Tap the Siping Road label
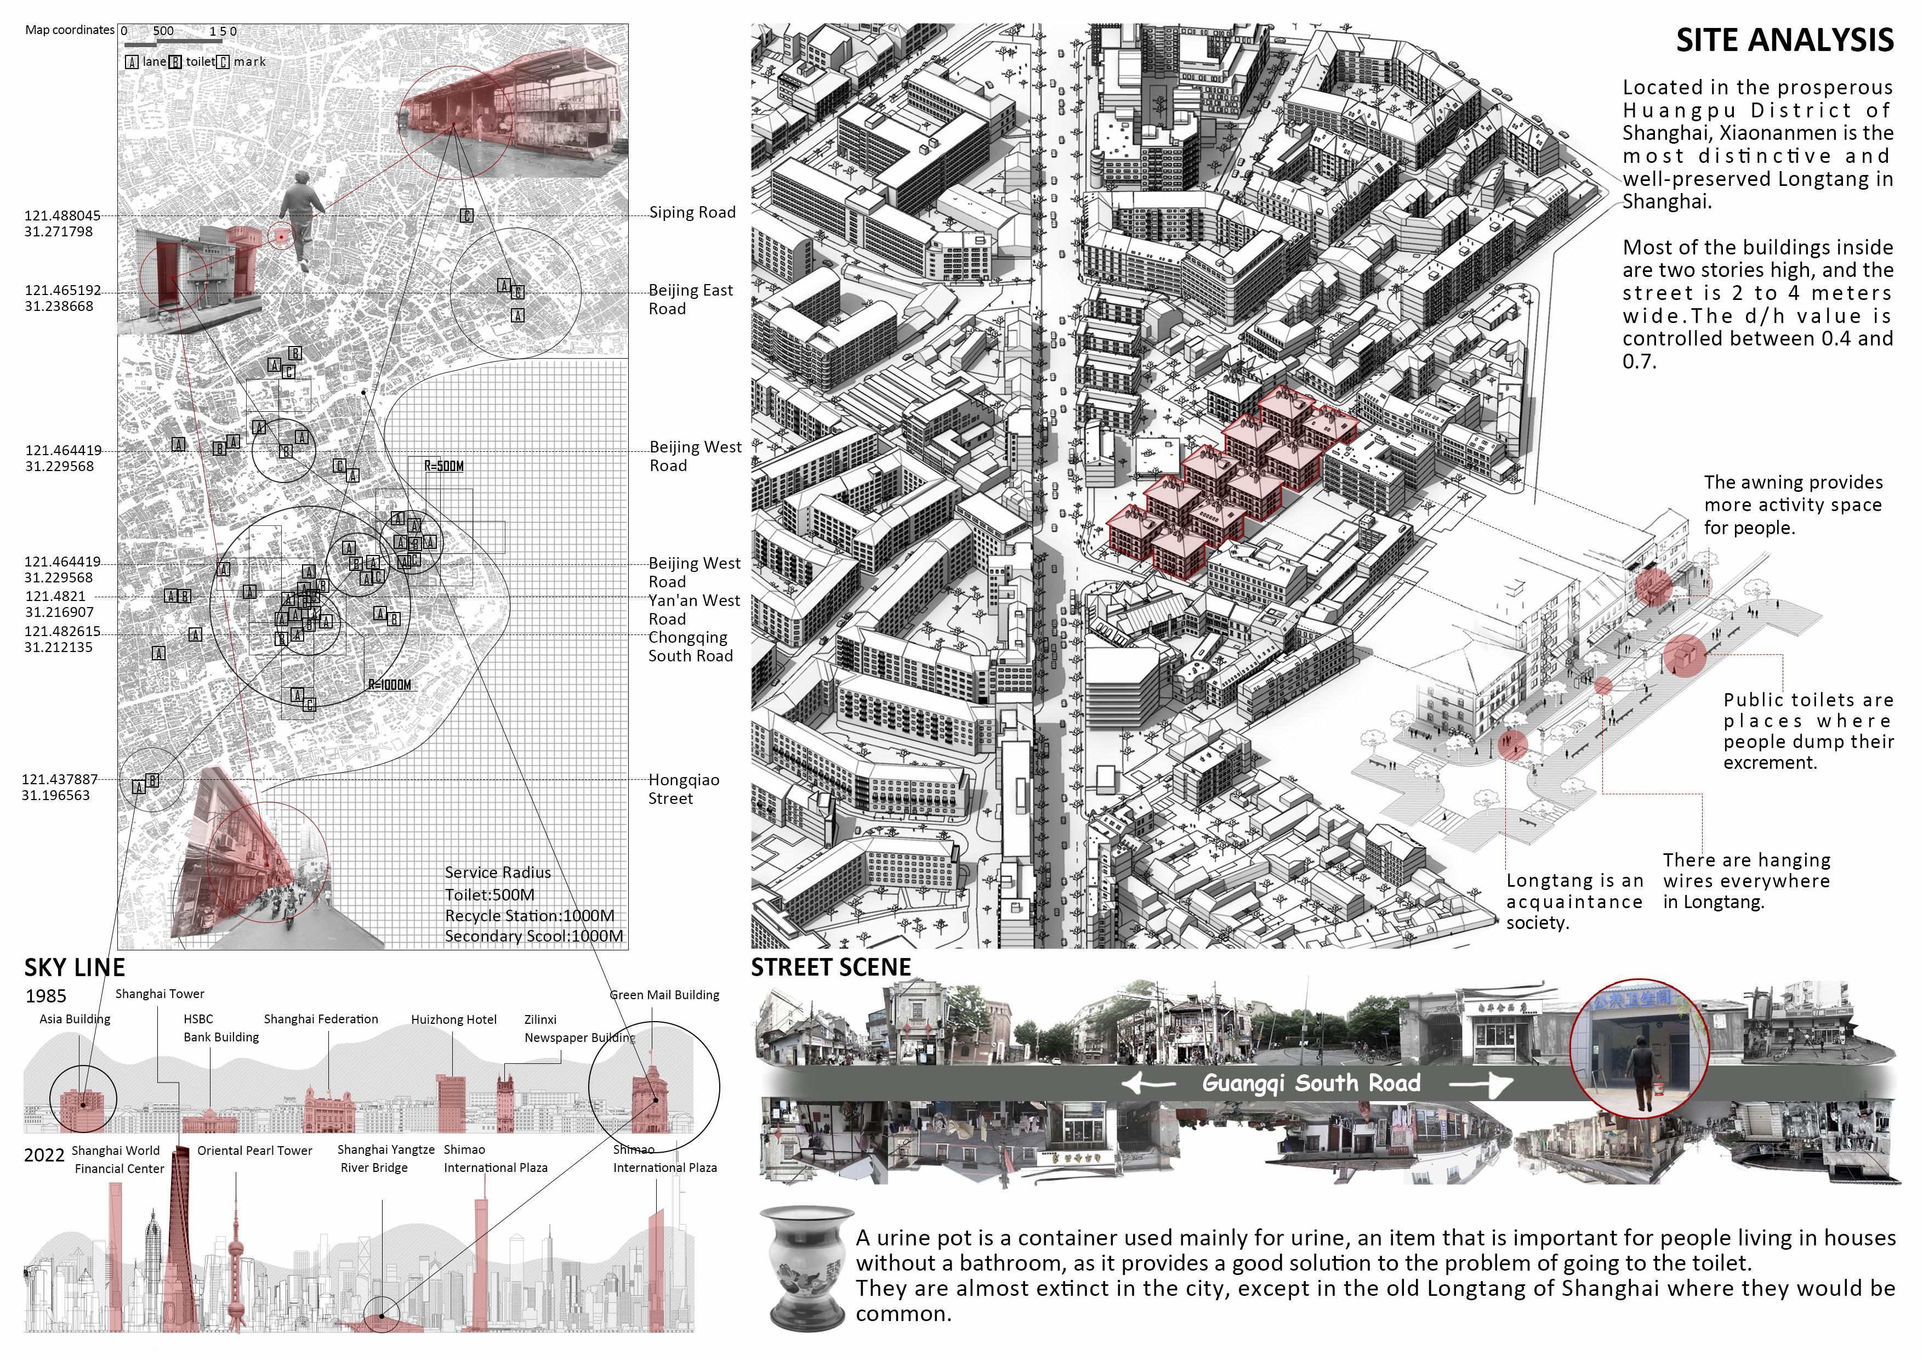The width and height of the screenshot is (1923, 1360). pos(693,213)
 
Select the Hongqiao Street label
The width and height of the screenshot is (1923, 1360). pos(684,789)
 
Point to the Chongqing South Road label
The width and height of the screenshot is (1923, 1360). pos(690,647)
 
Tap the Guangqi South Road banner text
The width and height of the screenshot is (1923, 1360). pos(1311,1084)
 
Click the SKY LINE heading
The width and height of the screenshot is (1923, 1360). pos(75,968)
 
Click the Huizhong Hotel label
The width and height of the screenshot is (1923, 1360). pos(454,1020)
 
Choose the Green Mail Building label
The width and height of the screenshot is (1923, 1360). pos(664,995)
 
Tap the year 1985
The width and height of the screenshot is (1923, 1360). pos(45,996)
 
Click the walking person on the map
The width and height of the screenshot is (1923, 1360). pos(301,218)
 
